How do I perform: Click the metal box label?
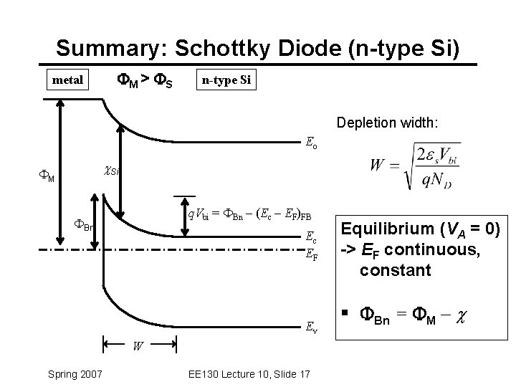pos(67,80)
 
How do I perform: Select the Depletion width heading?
pos(395,123)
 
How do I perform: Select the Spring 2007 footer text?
pos(75,373)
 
